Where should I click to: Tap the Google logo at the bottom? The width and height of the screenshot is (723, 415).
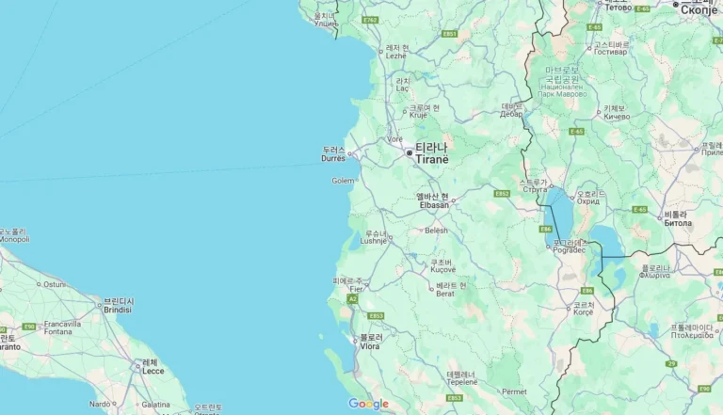(x=368, y=404)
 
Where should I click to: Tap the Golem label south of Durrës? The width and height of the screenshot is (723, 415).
(x=343, y=181)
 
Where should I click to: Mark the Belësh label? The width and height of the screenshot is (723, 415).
(x=436, y=231)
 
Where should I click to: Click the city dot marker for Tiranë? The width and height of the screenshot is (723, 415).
(x=409, y=152)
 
